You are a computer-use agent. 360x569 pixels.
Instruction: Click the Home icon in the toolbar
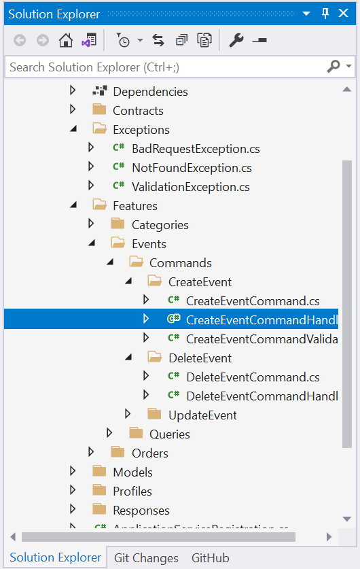66,41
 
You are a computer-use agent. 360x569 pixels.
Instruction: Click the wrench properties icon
236,41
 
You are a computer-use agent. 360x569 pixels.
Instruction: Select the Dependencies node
150,92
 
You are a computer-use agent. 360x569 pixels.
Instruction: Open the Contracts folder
138,111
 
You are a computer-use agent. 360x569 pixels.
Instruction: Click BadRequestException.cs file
196,149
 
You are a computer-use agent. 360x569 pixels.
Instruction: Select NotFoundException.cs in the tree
192,168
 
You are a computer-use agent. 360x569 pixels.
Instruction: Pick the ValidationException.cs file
190,187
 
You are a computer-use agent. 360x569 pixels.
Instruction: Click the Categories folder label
160,225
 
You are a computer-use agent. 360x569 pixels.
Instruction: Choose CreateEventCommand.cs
253,301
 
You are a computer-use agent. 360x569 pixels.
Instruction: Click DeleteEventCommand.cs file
253,377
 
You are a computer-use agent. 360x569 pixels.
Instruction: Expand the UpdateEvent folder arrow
128,415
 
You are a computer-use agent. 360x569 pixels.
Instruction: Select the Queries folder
169,434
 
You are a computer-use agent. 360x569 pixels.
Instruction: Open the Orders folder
149,453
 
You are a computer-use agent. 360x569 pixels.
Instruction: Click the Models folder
132,472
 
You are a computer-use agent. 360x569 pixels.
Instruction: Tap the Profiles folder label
132,492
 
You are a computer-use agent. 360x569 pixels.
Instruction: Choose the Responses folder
141,511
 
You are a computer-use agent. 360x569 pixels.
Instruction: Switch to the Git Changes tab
146,558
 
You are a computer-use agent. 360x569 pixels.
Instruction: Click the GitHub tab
210,558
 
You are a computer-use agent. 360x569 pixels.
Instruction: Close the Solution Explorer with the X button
345,14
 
